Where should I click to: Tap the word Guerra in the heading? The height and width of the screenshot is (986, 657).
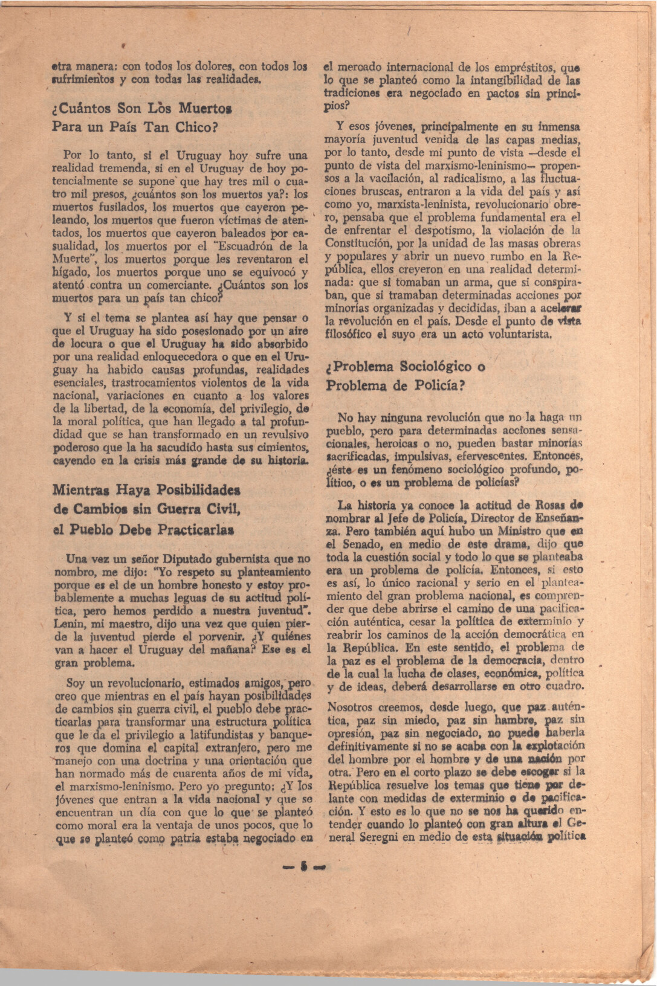pos(181,509)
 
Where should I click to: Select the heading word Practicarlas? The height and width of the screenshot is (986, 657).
pos(195,530)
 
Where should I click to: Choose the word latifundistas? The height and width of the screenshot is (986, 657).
pos(228,734)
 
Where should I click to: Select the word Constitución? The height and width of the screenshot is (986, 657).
pos(356,243)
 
